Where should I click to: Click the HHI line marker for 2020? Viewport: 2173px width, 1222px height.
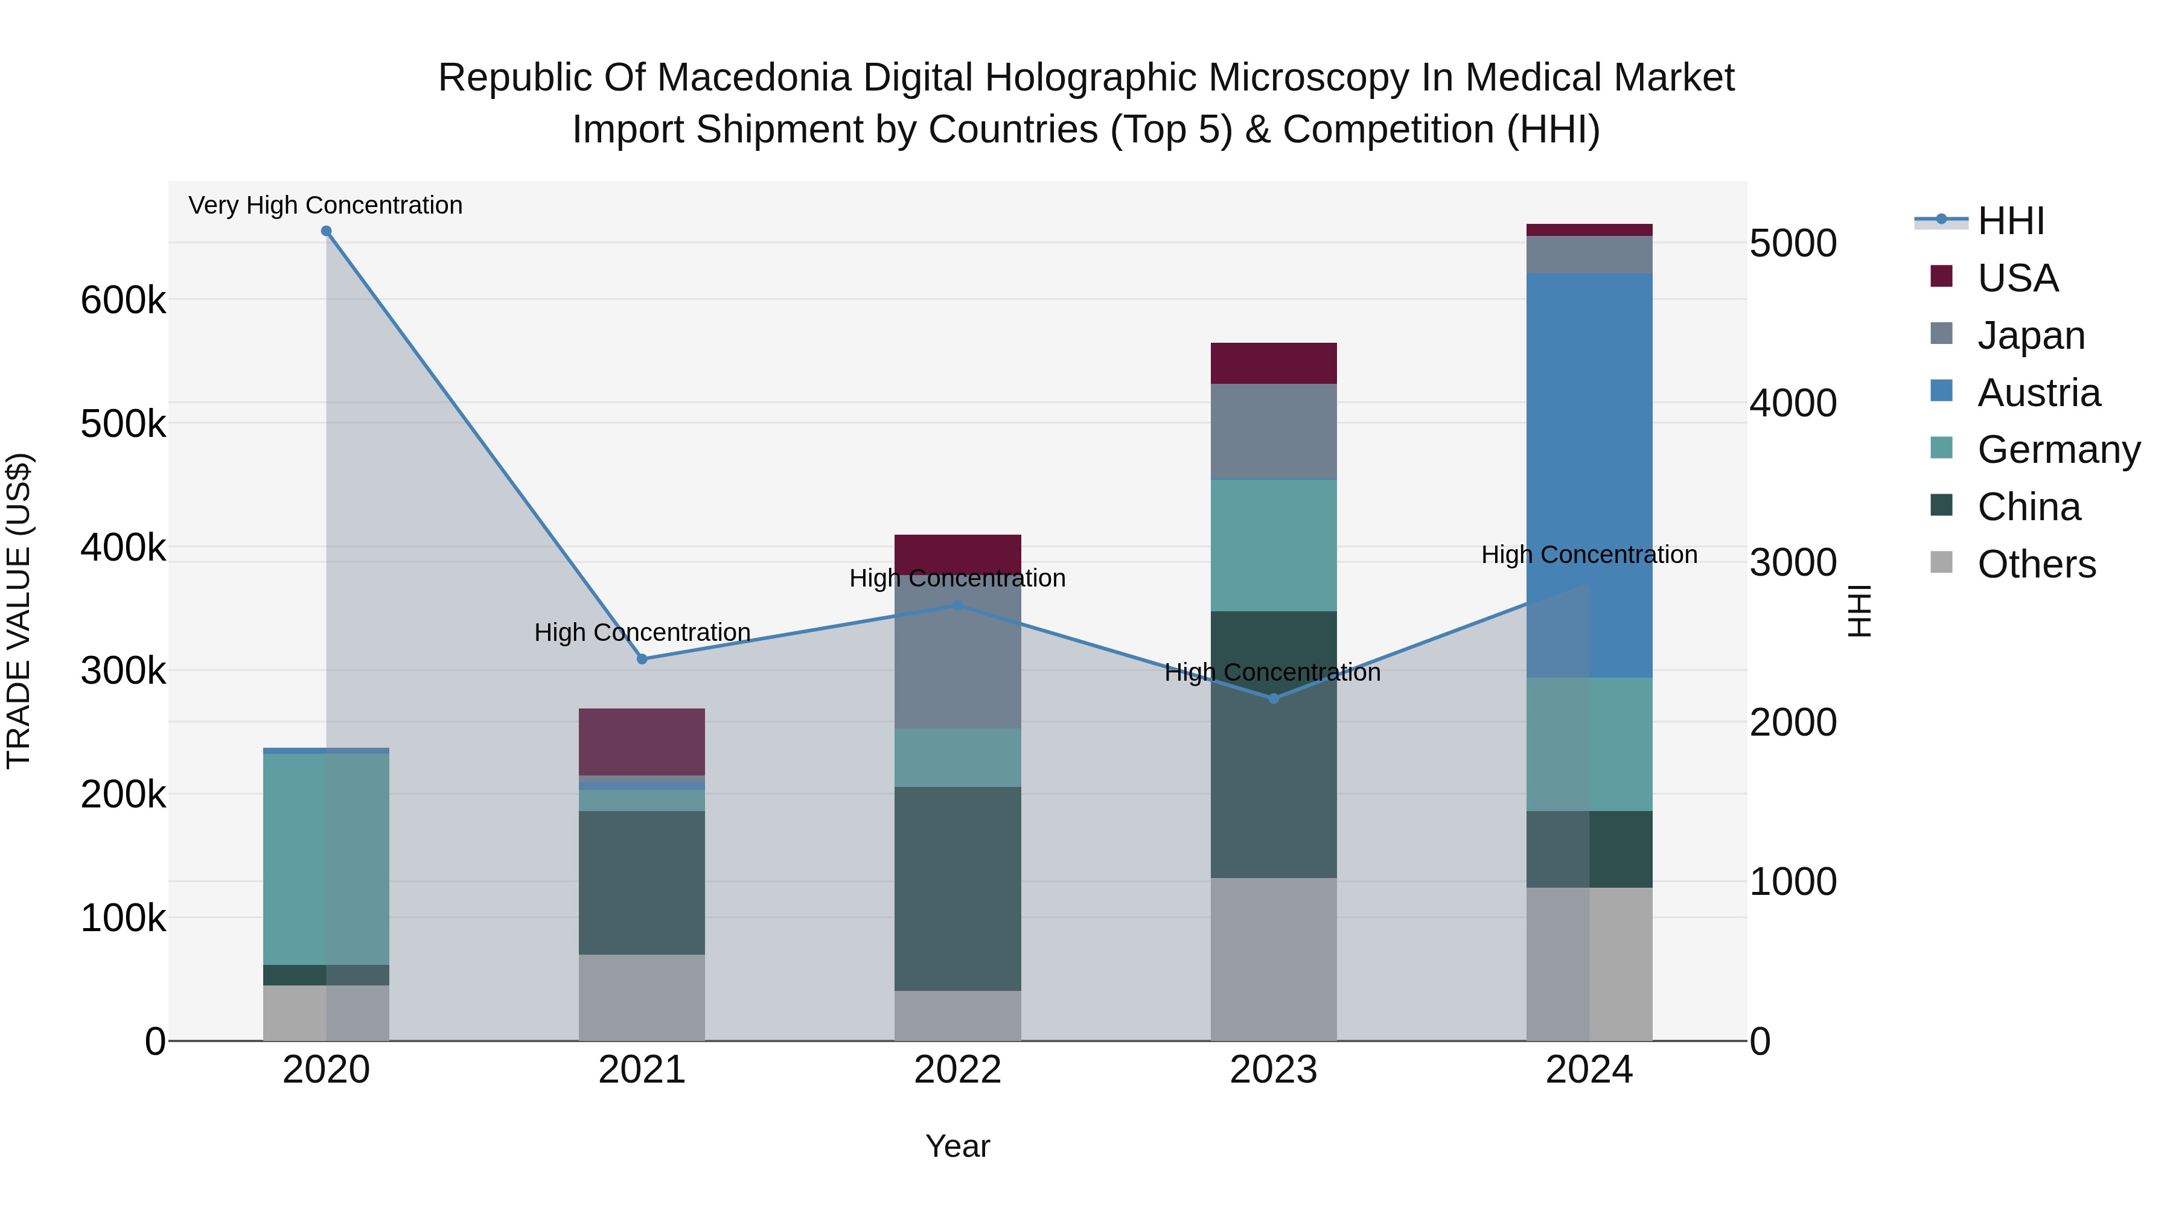click(327, 231)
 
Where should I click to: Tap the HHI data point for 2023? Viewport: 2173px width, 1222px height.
click(1274, 698)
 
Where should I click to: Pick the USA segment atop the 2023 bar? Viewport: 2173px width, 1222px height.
click(1274, 363)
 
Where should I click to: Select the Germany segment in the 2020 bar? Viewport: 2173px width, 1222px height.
click(327, 859)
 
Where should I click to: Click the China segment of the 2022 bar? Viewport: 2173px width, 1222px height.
click(957, 888)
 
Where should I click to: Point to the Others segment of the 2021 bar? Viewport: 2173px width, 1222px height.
click(642, 997)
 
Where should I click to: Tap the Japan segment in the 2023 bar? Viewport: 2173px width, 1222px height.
click(1274, 432)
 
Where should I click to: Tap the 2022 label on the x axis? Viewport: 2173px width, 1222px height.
click(957, 1070)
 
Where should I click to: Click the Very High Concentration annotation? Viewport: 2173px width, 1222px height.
click(325, 205)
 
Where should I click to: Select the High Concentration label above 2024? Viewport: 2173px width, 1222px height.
click(1589, 555)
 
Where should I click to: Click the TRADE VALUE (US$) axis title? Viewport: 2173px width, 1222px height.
click(19, 611)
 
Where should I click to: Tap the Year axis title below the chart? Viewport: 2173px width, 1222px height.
click(957, 1146)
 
